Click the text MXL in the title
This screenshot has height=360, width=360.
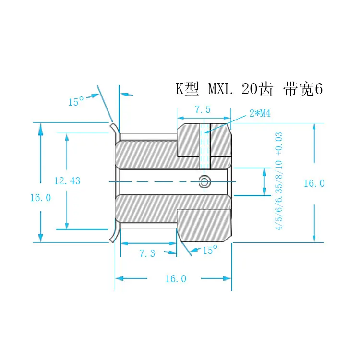pos(220,89)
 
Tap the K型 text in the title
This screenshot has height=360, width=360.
pos(187,89)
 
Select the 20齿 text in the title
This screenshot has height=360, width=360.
pos(257,89)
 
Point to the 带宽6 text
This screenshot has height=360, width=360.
pos(303,89)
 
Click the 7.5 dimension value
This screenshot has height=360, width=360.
pos(203,109)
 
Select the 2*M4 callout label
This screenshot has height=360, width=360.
pos(260,113)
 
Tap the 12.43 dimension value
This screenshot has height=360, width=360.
pos(67,181)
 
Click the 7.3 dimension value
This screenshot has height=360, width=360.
pos(147,253)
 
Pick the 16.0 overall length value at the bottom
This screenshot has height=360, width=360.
pos(176,279)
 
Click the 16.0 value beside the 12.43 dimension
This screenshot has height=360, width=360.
pos(40,198)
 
